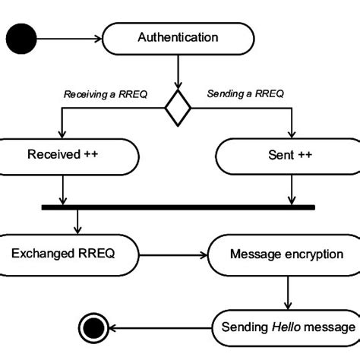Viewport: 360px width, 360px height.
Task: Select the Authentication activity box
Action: pyautogui.click(x=178, y=37)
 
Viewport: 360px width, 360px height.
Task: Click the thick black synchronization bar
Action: pyautogui.click(x=178, y=206)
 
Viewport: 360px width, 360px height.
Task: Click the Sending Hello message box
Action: pyautogui.click(x=287, y=327)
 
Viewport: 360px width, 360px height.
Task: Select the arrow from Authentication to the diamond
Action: pyautogui.click(x=178, y=73)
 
